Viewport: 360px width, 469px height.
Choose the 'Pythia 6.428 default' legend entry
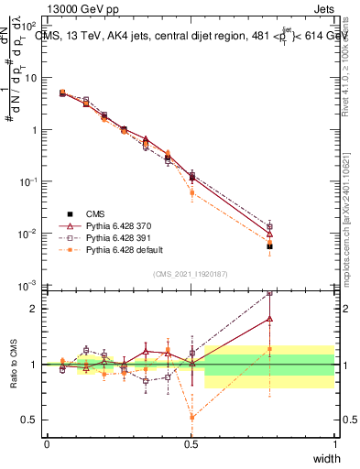(x=121, y=249)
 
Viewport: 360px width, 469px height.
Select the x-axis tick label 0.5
(x=191, y=443)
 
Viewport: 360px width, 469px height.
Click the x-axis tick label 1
(x=334, y=443)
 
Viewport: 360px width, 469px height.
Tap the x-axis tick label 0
(x=47, y=443)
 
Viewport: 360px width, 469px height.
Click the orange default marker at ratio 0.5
(x=191, y=417)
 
